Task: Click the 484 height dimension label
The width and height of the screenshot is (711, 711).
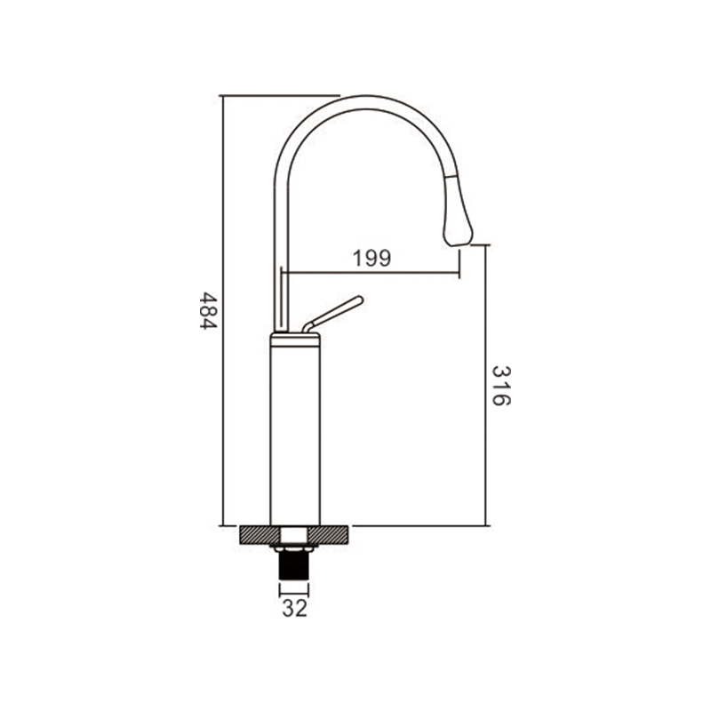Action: (x=209, y=310)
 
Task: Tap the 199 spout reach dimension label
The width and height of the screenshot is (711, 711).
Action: (x=371, y=259)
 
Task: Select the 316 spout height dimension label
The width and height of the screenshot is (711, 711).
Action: (x=501, y=386)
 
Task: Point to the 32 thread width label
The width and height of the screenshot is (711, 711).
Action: (x=295, y=608)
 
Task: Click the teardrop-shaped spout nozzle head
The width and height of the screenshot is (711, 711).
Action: (x=458, y=212)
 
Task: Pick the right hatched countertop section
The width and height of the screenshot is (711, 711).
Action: (x=330, y=535)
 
